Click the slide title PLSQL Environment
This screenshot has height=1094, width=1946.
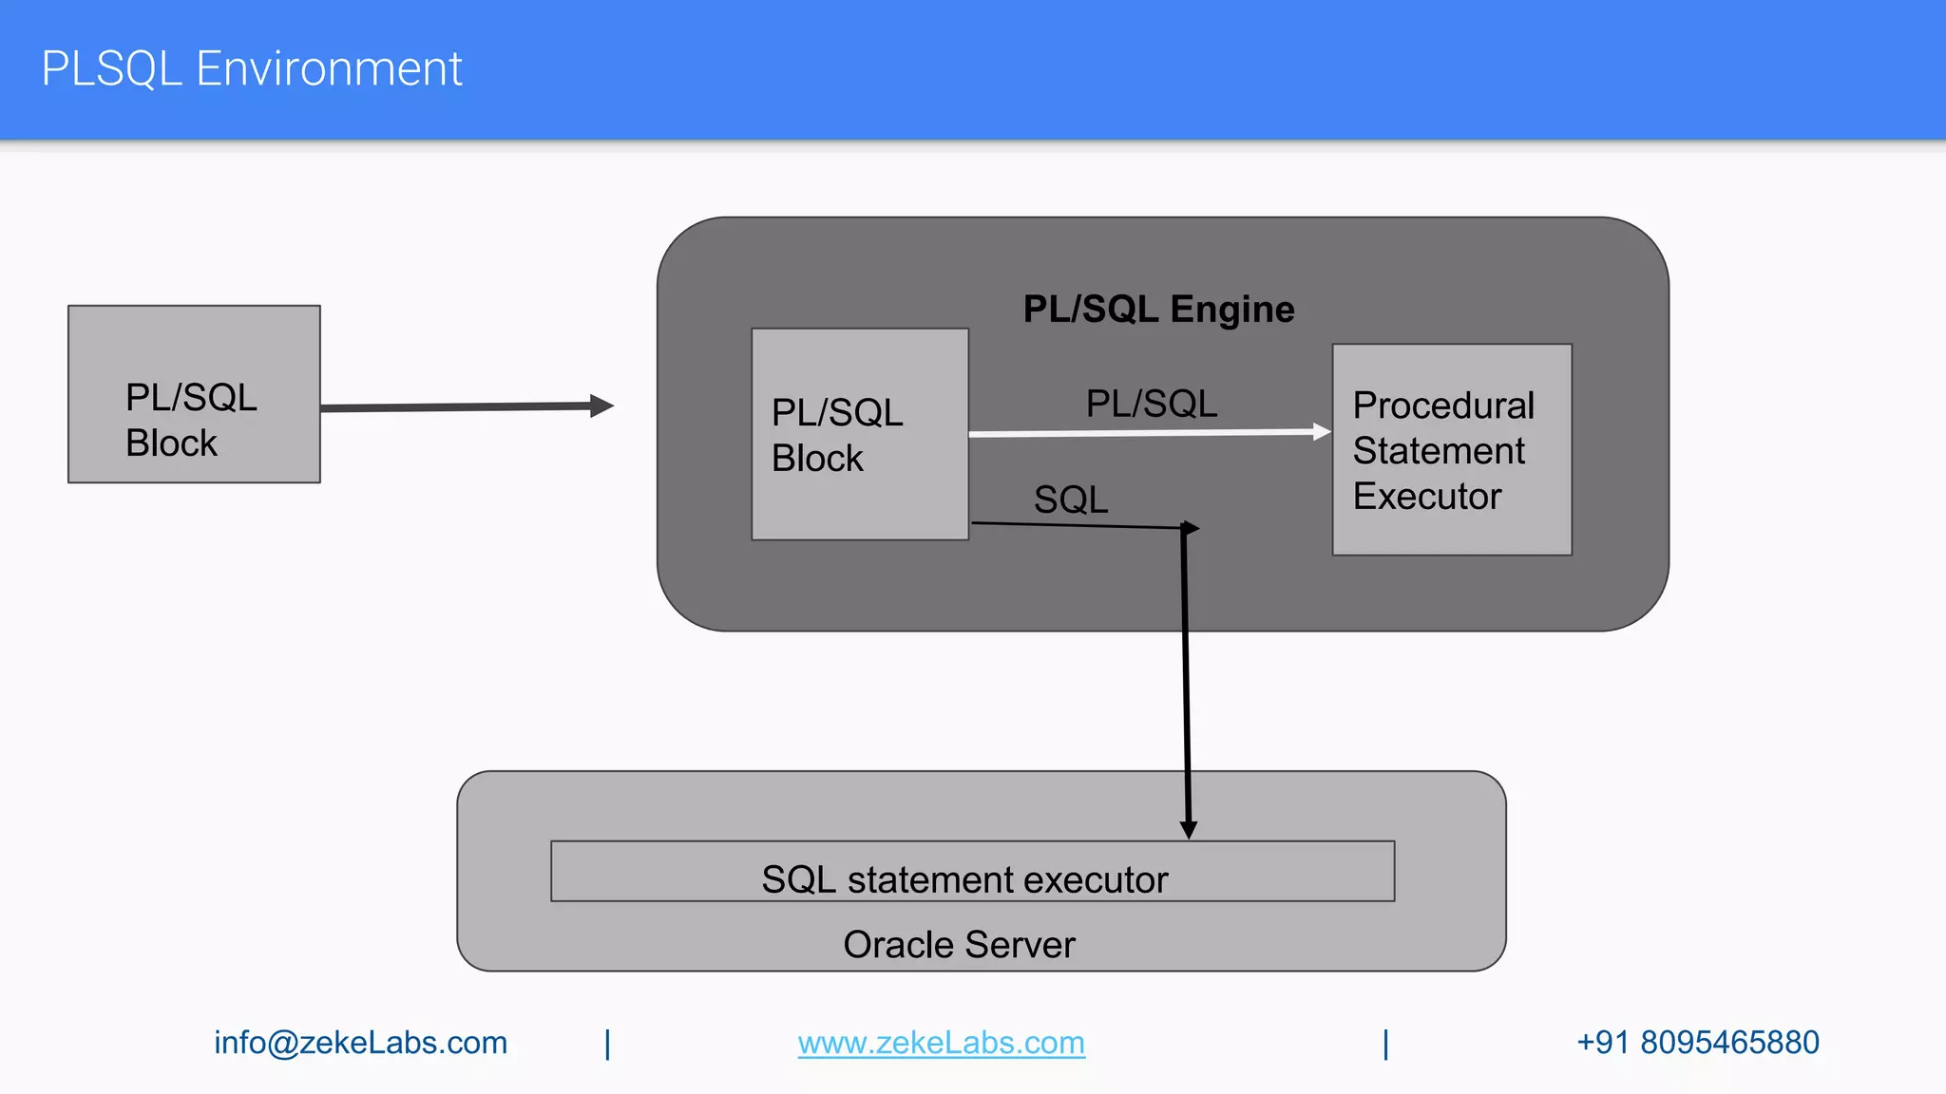pos(252,69)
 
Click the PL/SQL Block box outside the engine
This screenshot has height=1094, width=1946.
pos(194,394)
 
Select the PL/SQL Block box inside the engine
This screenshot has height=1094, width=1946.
pos(859,434)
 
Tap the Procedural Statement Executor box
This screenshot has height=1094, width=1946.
pos(1451,449)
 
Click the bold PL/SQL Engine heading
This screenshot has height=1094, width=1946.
pos(1158,310)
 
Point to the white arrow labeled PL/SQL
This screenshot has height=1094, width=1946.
pos(1140,433)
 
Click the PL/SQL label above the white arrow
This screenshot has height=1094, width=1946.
pos(1151,404)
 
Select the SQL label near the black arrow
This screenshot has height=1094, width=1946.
pos(1071,500)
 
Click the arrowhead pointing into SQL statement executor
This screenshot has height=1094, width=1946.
pos(1188,830)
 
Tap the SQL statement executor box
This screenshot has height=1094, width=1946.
pos(972,871)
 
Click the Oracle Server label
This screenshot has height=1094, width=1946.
pos(959,945)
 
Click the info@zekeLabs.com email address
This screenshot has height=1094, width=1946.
pos(360,1043)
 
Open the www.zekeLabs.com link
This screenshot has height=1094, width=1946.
pos(941,1043)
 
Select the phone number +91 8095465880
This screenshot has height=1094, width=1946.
pos(1697,1043)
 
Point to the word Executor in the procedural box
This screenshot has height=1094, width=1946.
pos(1426,497)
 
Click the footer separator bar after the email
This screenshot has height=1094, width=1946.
pos(608,1044)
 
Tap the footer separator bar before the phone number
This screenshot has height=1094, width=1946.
pos(1385,1044)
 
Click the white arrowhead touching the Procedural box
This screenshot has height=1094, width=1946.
pos(1322,432)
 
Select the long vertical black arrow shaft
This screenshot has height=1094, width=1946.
pos(1186,674)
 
